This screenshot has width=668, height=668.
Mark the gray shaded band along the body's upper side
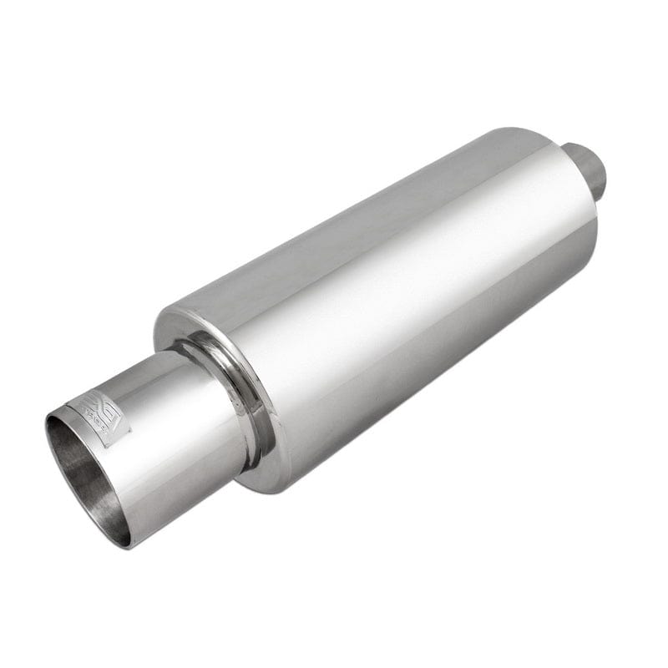[x=351, y=225]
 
